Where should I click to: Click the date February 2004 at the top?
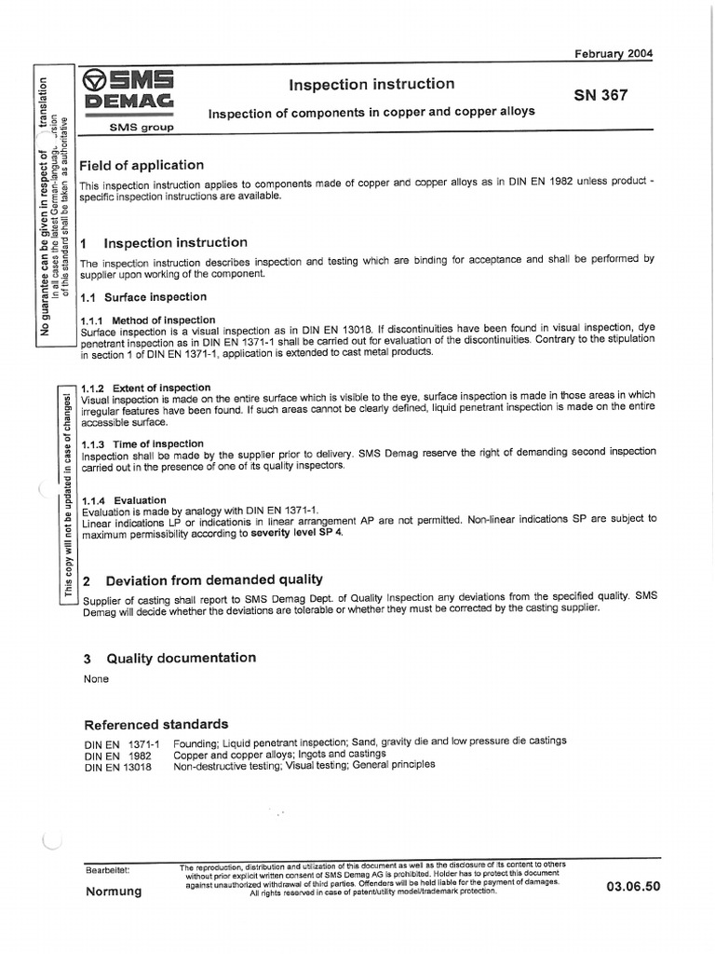614,53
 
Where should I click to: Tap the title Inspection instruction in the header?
371,85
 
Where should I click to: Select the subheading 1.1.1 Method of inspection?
149,320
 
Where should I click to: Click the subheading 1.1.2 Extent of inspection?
147,388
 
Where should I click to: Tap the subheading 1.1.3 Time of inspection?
143,444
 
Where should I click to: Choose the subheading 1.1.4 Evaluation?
125,500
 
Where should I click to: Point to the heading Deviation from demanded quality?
214,579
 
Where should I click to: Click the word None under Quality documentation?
97,679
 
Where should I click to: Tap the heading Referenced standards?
156,724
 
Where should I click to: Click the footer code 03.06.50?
632,887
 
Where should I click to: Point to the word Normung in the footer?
114,892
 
